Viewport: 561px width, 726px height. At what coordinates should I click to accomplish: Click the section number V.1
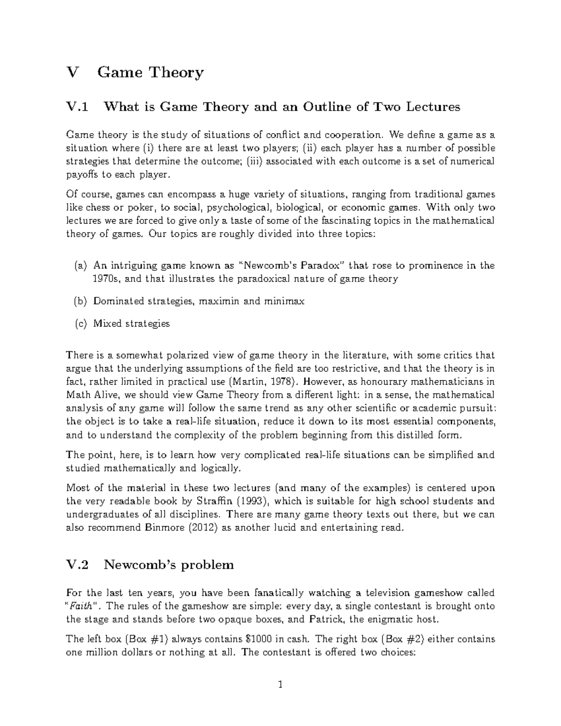point(77,108)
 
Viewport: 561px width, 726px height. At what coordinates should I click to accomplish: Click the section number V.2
point(77,565)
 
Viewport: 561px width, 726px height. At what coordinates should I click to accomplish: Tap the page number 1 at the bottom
point(280,685)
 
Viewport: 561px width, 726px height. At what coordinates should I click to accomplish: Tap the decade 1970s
point(107,279)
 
